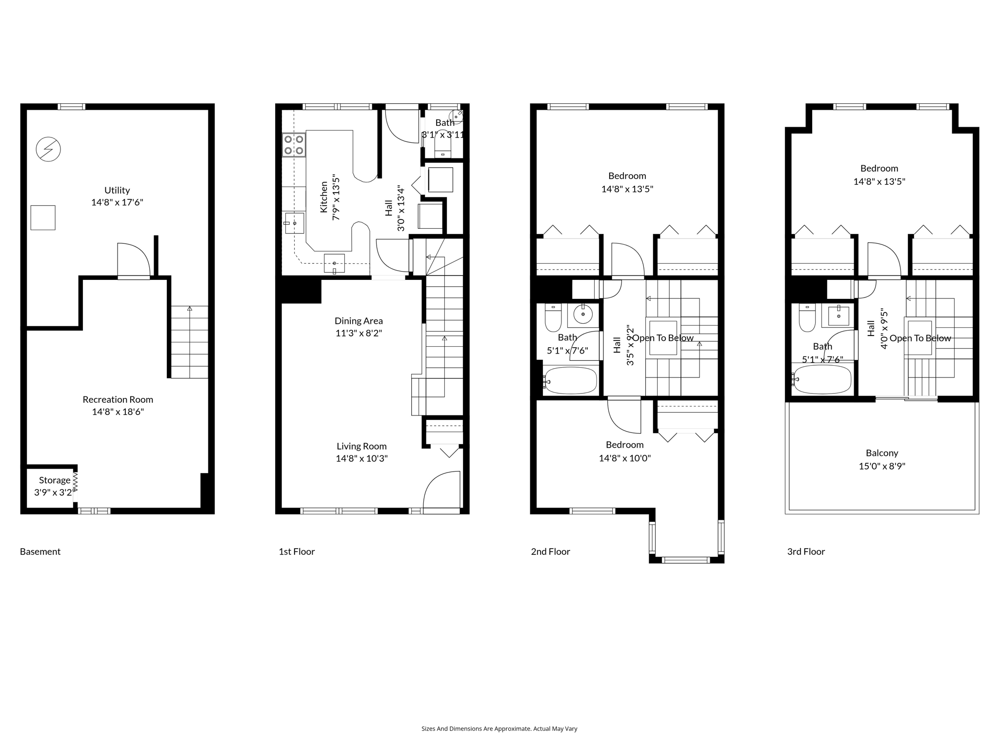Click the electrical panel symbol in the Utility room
[48, 149]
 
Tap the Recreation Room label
[118, 399]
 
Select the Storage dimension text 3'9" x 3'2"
[53, 493]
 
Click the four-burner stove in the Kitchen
[294, 145]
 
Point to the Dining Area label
[359, 321]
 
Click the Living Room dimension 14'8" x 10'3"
[361, 458]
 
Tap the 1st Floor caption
[297, 552]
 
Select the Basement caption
[40, 552]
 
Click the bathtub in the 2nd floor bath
[571, 380]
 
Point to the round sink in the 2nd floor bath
[583, 315]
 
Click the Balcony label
[882, 453]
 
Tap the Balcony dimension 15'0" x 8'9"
[882, 466]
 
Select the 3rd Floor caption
[806, 552]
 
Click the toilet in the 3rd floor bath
[807, 318]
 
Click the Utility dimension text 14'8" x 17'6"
[117, 202]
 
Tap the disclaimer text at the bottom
[499, 729]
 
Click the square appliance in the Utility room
[43, 217]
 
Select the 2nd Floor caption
[550, 552]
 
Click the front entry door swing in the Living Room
[441, 490]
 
